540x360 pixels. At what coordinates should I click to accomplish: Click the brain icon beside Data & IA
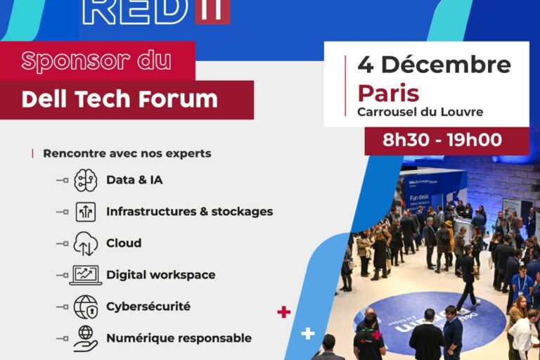pos(85,180)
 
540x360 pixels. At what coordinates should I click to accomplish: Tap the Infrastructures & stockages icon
pos(85,212)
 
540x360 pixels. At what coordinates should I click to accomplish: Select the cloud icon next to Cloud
pos(85,243)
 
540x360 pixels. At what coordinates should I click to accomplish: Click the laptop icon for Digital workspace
pos(85,275)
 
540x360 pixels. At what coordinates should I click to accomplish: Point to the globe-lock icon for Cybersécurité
pos(85,307)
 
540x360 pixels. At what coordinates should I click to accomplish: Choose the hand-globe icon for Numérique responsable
pos(85,337)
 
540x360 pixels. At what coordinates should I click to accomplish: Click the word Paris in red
pos(388,93)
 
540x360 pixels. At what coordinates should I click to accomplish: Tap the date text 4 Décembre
pos(434,65)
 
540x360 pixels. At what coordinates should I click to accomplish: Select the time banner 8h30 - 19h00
pos(442,140)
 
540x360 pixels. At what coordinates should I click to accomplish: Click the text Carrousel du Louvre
pos(420,112)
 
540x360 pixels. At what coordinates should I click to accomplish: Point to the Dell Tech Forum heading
pos(120,99)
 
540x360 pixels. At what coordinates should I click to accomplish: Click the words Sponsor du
pos(96,61)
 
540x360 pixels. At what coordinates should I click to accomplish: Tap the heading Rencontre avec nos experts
pos(127,153)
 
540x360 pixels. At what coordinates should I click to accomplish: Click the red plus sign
pos(284,311)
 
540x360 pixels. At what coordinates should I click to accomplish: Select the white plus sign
pos(308,333)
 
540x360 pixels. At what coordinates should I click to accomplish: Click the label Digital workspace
pos(160,275)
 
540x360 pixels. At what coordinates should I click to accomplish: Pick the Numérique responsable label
pos(179,338)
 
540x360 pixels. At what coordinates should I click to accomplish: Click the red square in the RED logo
pos(212,10)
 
